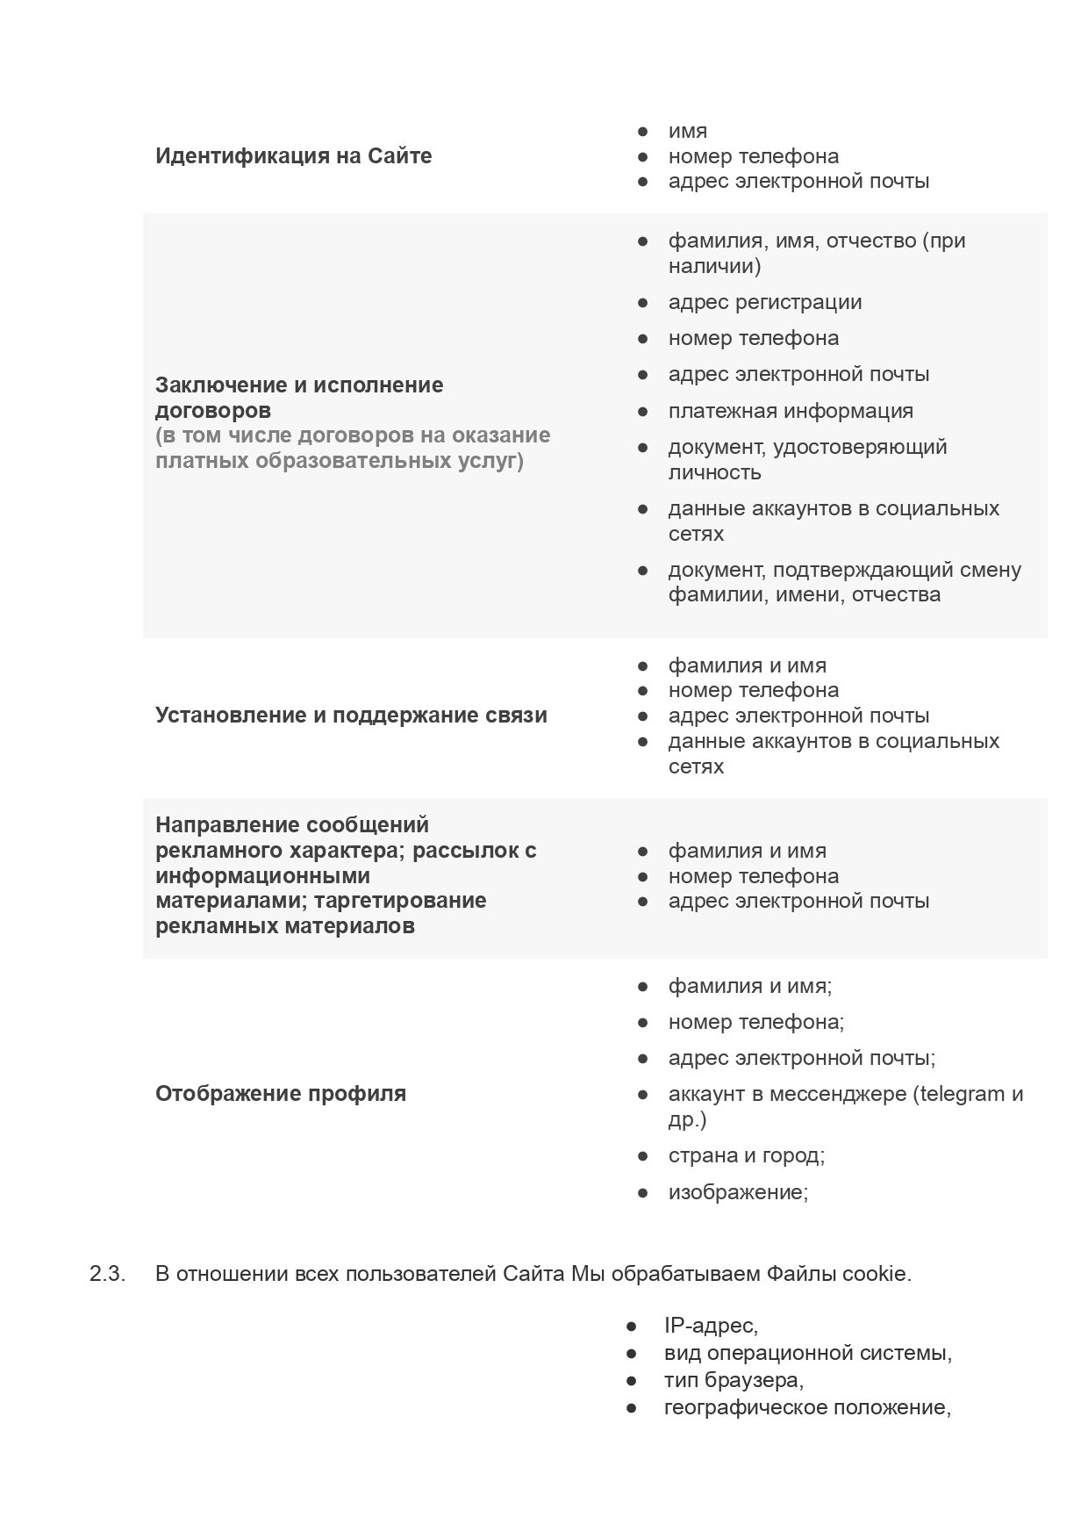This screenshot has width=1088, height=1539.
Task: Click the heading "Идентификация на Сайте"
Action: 293,156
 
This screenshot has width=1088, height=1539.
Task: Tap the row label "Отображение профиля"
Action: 280,1094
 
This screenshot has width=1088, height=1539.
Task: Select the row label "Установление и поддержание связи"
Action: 351,716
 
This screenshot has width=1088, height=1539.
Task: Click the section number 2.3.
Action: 107,1274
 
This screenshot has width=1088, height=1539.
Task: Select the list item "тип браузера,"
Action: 734,1380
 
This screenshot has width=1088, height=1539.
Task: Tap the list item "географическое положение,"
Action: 807,1408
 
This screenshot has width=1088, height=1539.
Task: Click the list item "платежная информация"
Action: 790,411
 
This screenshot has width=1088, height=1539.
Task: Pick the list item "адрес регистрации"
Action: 764,303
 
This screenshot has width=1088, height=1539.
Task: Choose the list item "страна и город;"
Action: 746,1156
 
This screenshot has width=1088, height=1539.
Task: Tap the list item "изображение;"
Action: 738,1193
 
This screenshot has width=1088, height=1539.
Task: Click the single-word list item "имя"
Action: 687,132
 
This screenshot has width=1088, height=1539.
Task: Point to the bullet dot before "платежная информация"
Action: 642,411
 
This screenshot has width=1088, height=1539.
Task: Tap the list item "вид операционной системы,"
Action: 807,1353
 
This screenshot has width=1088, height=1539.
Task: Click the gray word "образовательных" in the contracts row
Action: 360,461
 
